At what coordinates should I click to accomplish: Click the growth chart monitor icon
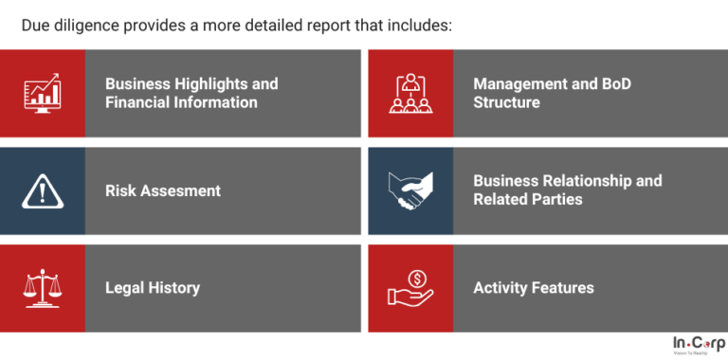42,93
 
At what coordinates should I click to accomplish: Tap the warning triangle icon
42,190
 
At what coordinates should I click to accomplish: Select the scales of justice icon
42,288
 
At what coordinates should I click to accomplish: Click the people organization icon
410,93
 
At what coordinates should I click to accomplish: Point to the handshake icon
410,190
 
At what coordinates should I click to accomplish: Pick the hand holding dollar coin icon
410,288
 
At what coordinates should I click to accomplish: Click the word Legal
125,288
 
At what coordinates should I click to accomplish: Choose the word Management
519,83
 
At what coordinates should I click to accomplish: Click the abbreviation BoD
615,83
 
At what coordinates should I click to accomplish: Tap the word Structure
507,102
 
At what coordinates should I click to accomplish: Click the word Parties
557,199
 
